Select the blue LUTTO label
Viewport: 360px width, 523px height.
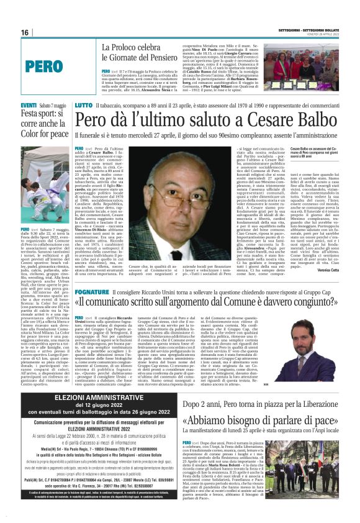point(83,106)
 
